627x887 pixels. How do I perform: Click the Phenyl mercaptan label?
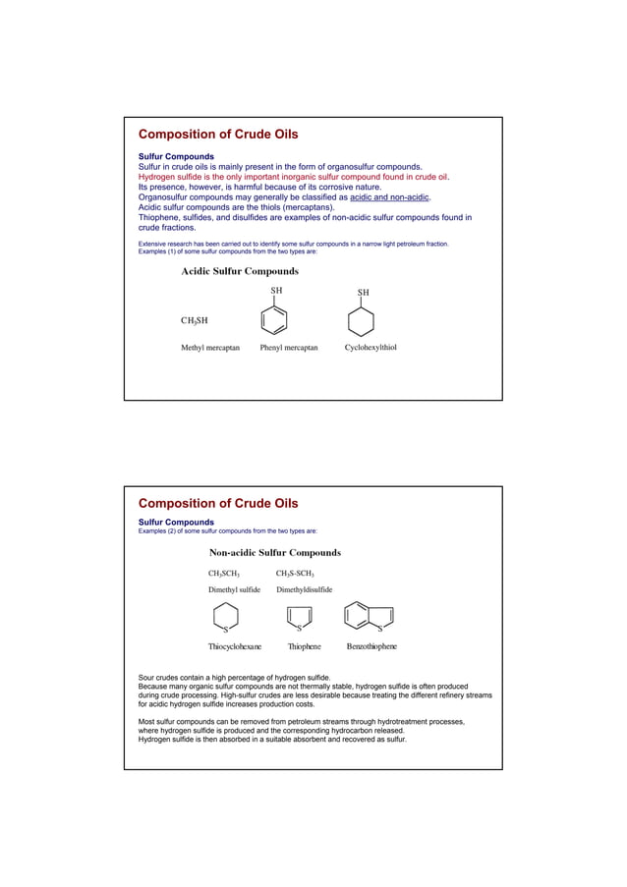pyautogui.click(x=289, y=348)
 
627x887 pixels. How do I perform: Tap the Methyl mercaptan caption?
pyautogui.click(x=210, y=348)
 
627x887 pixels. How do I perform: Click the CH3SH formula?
pyautogui.click(x=194, y=320)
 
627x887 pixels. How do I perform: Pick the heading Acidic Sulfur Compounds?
pyautogui.click(x=240, y=271)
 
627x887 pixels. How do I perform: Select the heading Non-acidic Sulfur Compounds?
pyautogui.click(x=275, y=553)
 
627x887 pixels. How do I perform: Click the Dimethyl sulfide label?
pyautogui.click(x=234, y=590)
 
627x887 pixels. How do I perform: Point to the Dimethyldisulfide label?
pyautogui.click(x=304, y=590)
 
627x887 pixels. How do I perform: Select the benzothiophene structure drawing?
pyautogui.click(x=369, y=617)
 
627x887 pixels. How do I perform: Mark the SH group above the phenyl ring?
pyautogui.click(x=277, y=291)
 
